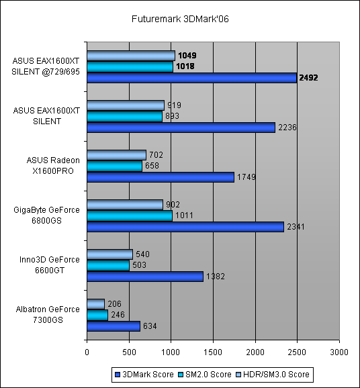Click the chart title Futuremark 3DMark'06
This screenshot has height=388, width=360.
click(180, 19)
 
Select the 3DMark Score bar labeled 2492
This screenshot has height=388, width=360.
click(192, 78)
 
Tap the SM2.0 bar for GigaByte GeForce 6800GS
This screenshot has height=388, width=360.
click(130, 215)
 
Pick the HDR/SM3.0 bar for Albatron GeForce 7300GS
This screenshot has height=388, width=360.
click(96, 304)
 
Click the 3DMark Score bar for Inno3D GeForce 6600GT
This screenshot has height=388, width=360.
click(145, 277)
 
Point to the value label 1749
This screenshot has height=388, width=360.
click(246, 177)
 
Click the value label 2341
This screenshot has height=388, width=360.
click(296, 227)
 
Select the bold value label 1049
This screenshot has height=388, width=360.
click(187, 56)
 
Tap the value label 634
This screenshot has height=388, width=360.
click(150, 326)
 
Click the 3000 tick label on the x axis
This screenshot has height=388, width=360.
click(339, 352)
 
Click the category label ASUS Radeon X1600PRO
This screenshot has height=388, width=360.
click(53, 166)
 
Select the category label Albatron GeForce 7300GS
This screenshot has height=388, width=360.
click(48, 315)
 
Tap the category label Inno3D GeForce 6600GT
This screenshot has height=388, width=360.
click(50, 264)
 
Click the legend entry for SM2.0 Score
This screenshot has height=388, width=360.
click(205, 375)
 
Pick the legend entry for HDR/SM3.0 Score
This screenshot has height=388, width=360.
click(273, 375)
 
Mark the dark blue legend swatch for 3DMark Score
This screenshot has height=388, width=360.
click(118, 375)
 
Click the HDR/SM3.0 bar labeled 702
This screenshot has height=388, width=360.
click(117, 155)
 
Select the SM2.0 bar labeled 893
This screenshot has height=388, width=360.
click(124, 116)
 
